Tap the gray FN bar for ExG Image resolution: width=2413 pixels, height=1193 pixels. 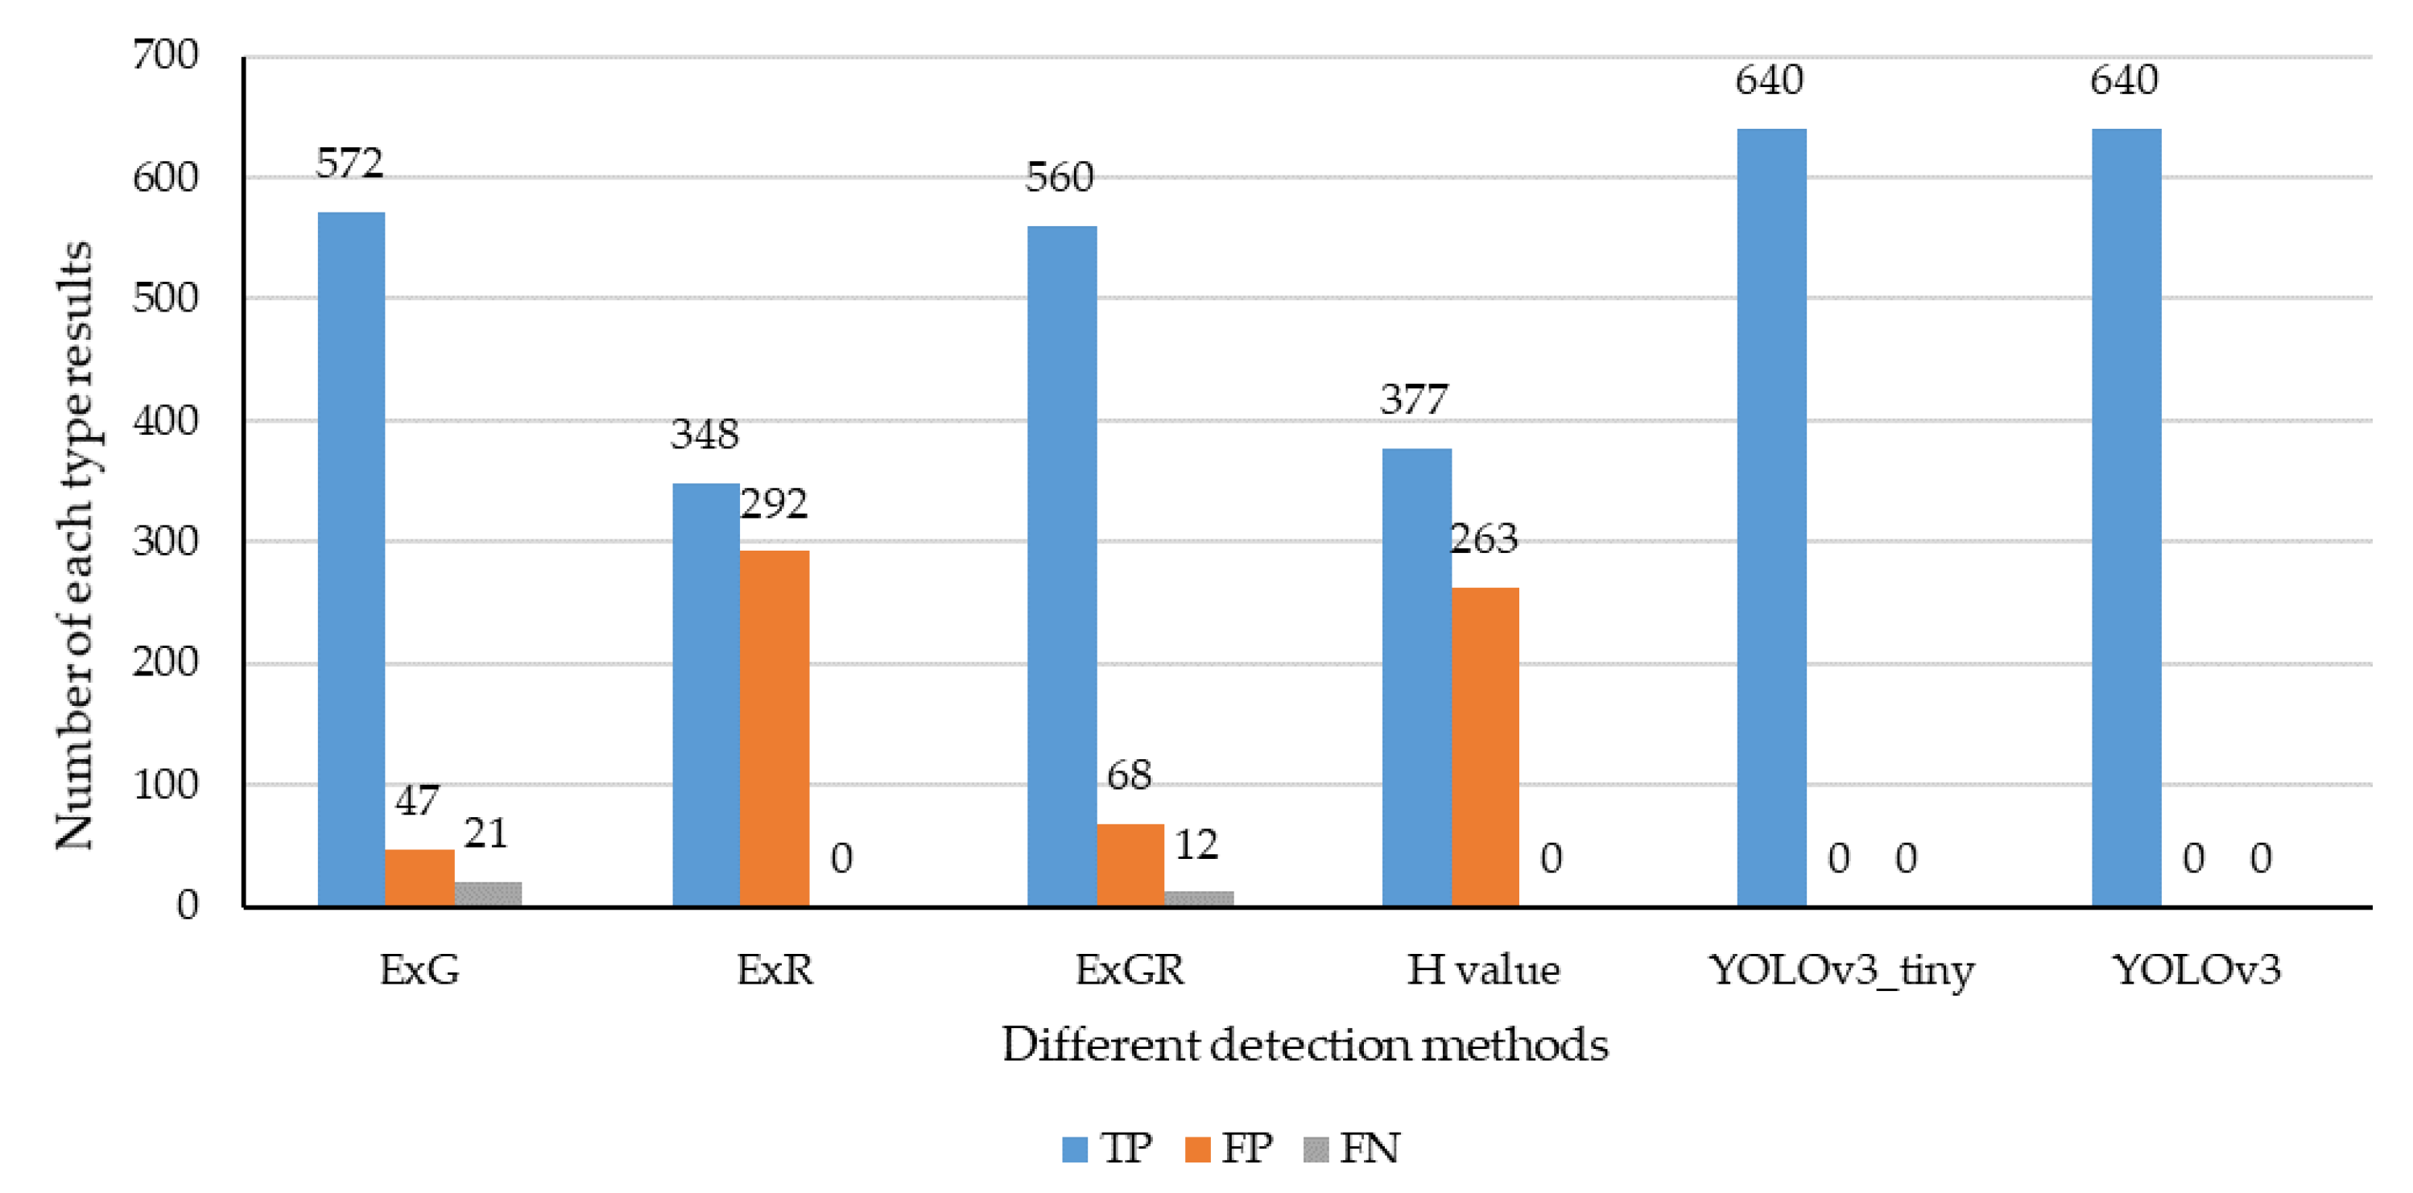click(x=488, y=894)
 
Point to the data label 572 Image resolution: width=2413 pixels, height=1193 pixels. click(x=349, y=164)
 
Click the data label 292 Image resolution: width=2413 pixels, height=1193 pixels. click(x=774, y=505)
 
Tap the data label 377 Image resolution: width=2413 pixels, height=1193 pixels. click(x=1414, y=400)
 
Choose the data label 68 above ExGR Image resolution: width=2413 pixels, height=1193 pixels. click(x=1129, y=775)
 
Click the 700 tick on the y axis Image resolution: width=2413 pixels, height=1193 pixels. click(x=165, y=56)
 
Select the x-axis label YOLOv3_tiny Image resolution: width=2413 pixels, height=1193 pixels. click(x=1841, y=970)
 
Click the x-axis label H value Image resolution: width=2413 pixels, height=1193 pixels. click(x=1483, y=970)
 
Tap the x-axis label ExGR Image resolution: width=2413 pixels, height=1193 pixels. click(x=1130, y=970)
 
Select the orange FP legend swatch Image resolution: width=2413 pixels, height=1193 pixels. click(x=1197, y=1149)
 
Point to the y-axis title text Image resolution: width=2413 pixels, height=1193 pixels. click(x=75, y=545)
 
